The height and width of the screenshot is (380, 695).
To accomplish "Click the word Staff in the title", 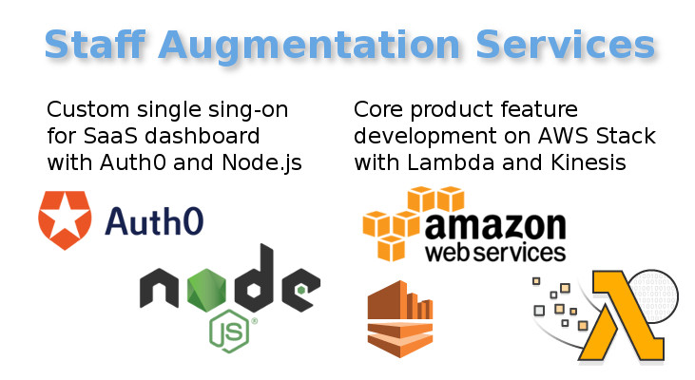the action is pyautogui.click(x=95, y=45).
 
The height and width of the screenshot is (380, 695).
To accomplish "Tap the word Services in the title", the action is pyautogui.click(x=565, y=45).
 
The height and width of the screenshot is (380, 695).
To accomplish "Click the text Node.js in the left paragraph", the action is pyautogui.click(x=261, y=163).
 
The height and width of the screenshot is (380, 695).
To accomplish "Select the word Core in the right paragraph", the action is pyautogui.click(x=378, y=109).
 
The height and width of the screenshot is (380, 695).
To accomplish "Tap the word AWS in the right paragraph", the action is pyautogui.click(x=564, y=136).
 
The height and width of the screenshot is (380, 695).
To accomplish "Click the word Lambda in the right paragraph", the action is pyautogui.click(x=451, y=162).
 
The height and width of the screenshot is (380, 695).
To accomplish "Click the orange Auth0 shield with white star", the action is pyautogui.click(x=65, y=220).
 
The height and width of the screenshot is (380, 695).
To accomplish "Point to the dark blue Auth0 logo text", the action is pyautogui.click(x=154, y=220).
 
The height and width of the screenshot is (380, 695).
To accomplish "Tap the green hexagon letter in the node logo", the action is pyautogui.click(x=206, y=289).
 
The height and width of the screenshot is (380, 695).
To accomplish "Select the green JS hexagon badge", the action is pyautogui.click(x=229, y=332).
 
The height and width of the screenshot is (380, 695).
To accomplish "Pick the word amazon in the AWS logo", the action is pyautogui.click(x=495, y=226).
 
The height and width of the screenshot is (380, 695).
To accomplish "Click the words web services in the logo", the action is pyautogui.click(x=495, y=253).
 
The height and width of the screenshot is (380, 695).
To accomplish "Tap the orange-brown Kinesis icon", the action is pyautogui.click(x=400, y=319).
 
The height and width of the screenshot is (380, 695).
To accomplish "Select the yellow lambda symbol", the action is pyautogui.click(x=627, y=315).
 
